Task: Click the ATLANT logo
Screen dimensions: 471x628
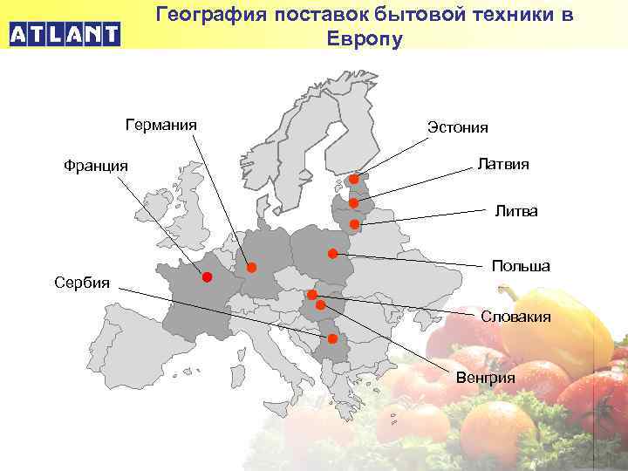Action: click(65, 35)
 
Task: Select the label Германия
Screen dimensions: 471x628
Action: click(161, 125)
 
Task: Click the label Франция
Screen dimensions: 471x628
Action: click(96, 165)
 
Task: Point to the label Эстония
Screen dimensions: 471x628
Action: click(458, 127)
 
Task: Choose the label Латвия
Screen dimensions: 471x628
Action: click(503, 163)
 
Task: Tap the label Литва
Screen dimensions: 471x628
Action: click(516, 211)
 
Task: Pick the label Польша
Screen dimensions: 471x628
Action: click(521, 265)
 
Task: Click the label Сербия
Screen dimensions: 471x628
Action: click(82, 283)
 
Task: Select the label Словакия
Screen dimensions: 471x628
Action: click(516, 317)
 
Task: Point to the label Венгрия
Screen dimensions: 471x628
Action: click(486, 378)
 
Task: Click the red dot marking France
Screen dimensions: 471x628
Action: click(208, 277)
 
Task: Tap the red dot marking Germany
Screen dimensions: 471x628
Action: click(251, 267)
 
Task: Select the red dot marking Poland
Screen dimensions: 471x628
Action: click(333, 254)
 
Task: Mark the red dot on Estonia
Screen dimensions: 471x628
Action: click(355, 180)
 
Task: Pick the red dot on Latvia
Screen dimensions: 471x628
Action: click(353, 203)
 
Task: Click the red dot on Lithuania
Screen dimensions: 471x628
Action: click(355, 224)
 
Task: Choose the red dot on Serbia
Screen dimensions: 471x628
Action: click(333, 338)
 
